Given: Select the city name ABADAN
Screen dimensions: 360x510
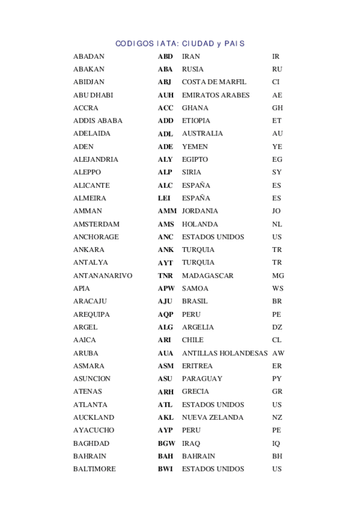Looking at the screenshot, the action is pyautogui.click(x=88, y=57).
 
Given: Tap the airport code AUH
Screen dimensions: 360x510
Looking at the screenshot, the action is pyautogui.click(x=166, y=95).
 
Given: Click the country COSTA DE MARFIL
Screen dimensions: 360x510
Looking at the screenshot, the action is pyautogui.click(x=214, y=82).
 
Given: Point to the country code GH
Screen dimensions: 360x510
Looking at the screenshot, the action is pyautogui.click(x=277, y=108).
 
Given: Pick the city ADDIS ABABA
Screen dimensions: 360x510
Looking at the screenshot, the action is pyautogui.click(x=97, y=121).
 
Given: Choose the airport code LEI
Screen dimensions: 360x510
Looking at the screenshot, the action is pyautogui.click(x=164, y=198).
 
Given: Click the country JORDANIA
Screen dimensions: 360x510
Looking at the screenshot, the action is pyautogui.click(x=200, y=211).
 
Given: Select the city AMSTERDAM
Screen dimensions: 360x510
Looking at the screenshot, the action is pyautogui.click(x=96, y=224).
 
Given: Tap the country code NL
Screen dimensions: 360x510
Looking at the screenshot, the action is pyautogui.click(x=276, y=224).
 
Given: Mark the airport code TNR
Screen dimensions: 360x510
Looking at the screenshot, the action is pyautogui.click(x=165, y=276).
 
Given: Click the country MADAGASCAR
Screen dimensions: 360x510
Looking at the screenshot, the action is pyautogui.click(x=208, y=276).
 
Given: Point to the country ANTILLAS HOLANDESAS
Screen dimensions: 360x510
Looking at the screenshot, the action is pyautogui.click(x=224, y=354).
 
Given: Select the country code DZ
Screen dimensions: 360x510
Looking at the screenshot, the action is pyautogui.click(x=276, y=328).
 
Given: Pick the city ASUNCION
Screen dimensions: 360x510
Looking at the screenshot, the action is pyautogui.click(x=92, y=379).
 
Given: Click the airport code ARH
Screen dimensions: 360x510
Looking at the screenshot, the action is pyautogui.click(x=166, y=392).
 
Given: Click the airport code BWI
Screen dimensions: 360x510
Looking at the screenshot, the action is pyautogui.click(x=165, y=469).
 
